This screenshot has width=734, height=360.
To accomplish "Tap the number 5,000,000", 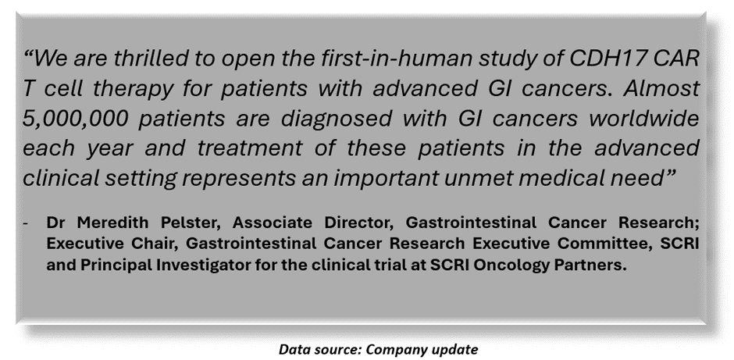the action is pos(75,119).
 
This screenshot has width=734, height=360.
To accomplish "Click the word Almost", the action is pos(661,89).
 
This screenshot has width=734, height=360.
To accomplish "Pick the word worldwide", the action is pos(644,119).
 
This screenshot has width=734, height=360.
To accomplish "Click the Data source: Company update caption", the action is pos(378,349).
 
